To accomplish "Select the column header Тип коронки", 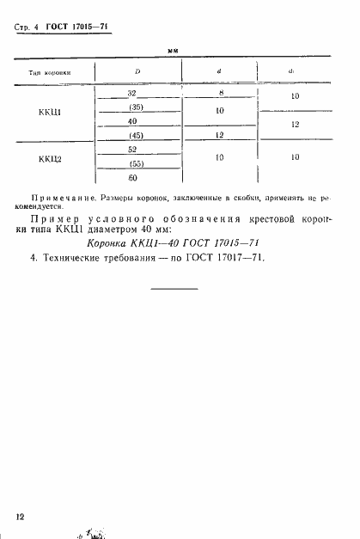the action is [53, 73].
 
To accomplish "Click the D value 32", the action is [131, 92].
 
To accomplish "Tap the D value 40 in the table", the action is [132, 121].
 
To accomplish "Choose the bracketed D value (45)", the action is [134, 136].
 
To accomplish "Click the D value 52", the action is [132, 150].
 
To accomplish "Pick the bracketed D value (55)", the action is [134, 163].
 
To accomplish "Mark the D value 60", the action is [132, 178].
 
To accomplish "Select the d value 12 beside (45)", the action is [220, 136].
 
